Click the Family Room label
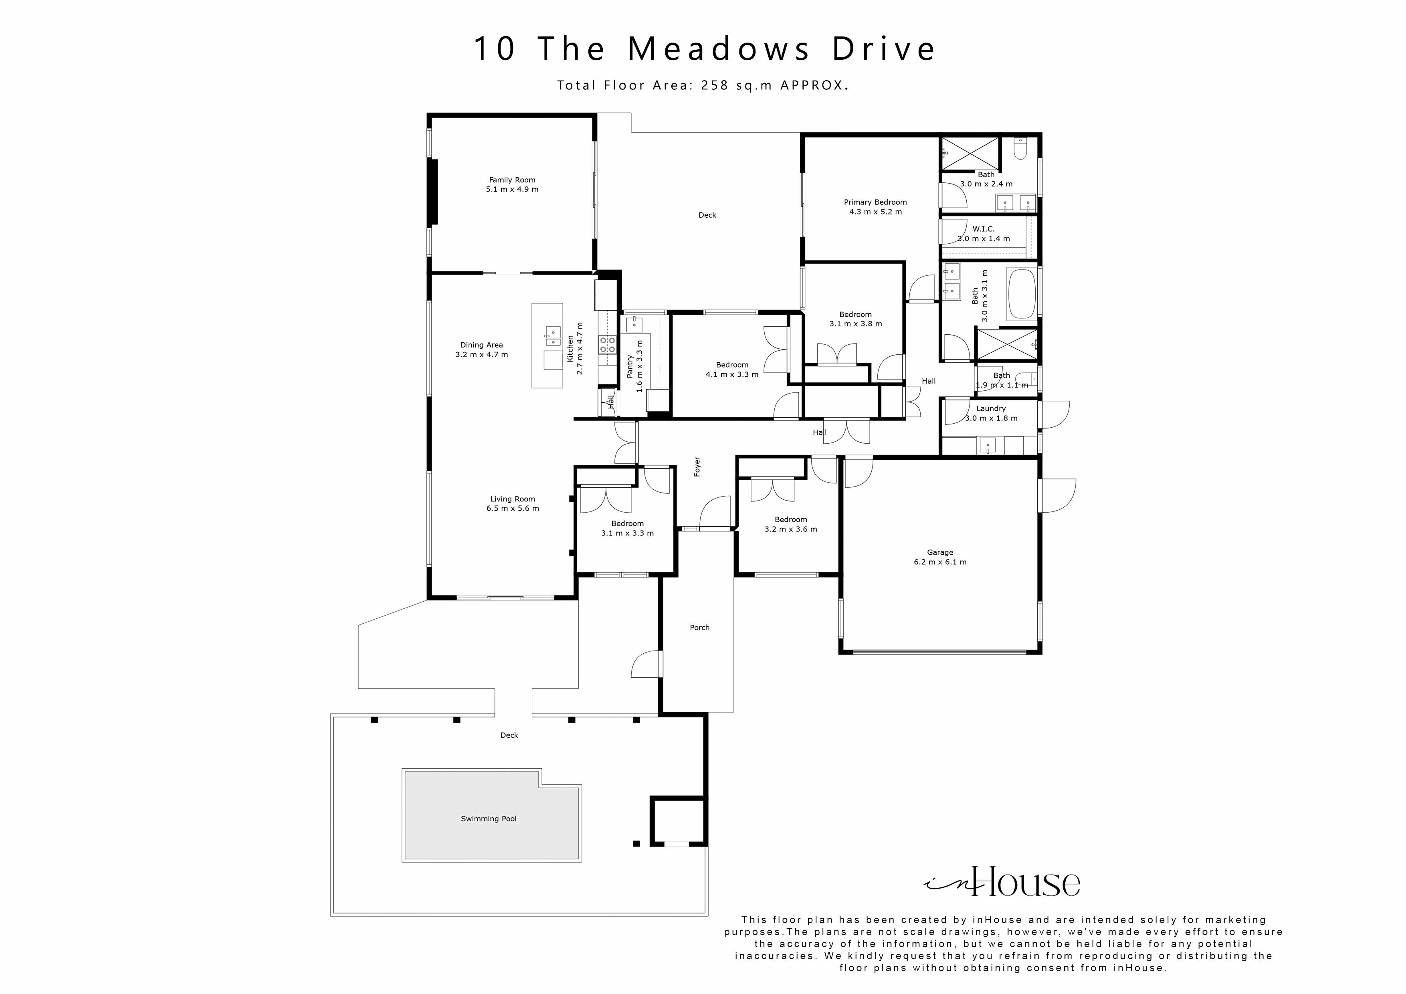point(512,180)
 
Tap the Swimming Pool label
point(489,819)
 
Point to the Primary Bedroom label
point(875,202)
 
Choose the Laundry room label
point(991,408)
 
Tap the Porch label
point(699,628)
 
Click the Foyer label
point(697,467)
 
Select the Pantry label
point(630,366)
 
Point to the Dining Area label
point(481,345)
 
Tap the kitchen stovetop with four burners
point(608,345)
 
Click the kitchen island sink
point(553,333)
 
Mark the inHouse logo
point(1002,882)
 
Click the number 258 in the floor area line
point(715,86)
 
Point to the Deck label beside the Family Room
point(707,215)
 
